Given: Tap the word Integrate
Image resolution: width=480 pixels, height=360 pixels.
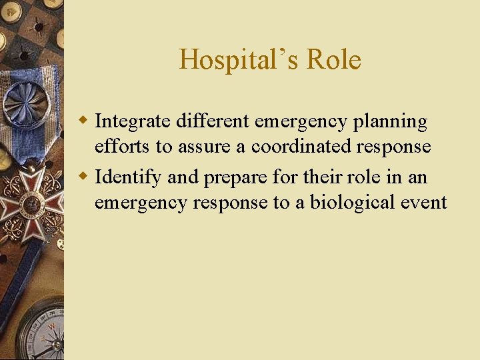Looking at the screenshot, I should tap(133, 121).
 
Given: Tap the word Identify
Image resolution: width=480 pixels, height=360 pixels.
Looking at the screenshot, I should tap(129, 178).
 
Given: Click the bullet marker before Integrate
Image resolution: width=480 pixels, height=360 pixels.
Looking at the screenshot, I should tap(84, 121).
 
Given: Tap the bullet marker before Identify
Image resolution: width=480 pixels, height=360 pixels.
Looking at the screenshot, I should tap(84, 177).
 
